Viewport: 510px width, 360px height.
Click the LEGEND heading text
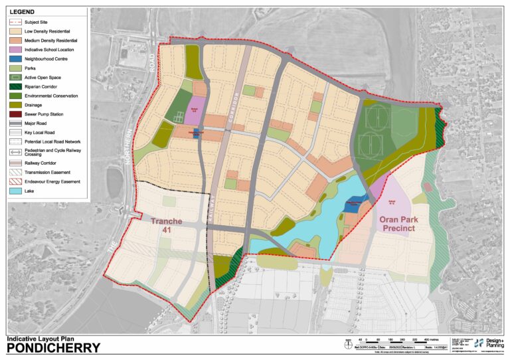pyautogui.click(x=21, y=13)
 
